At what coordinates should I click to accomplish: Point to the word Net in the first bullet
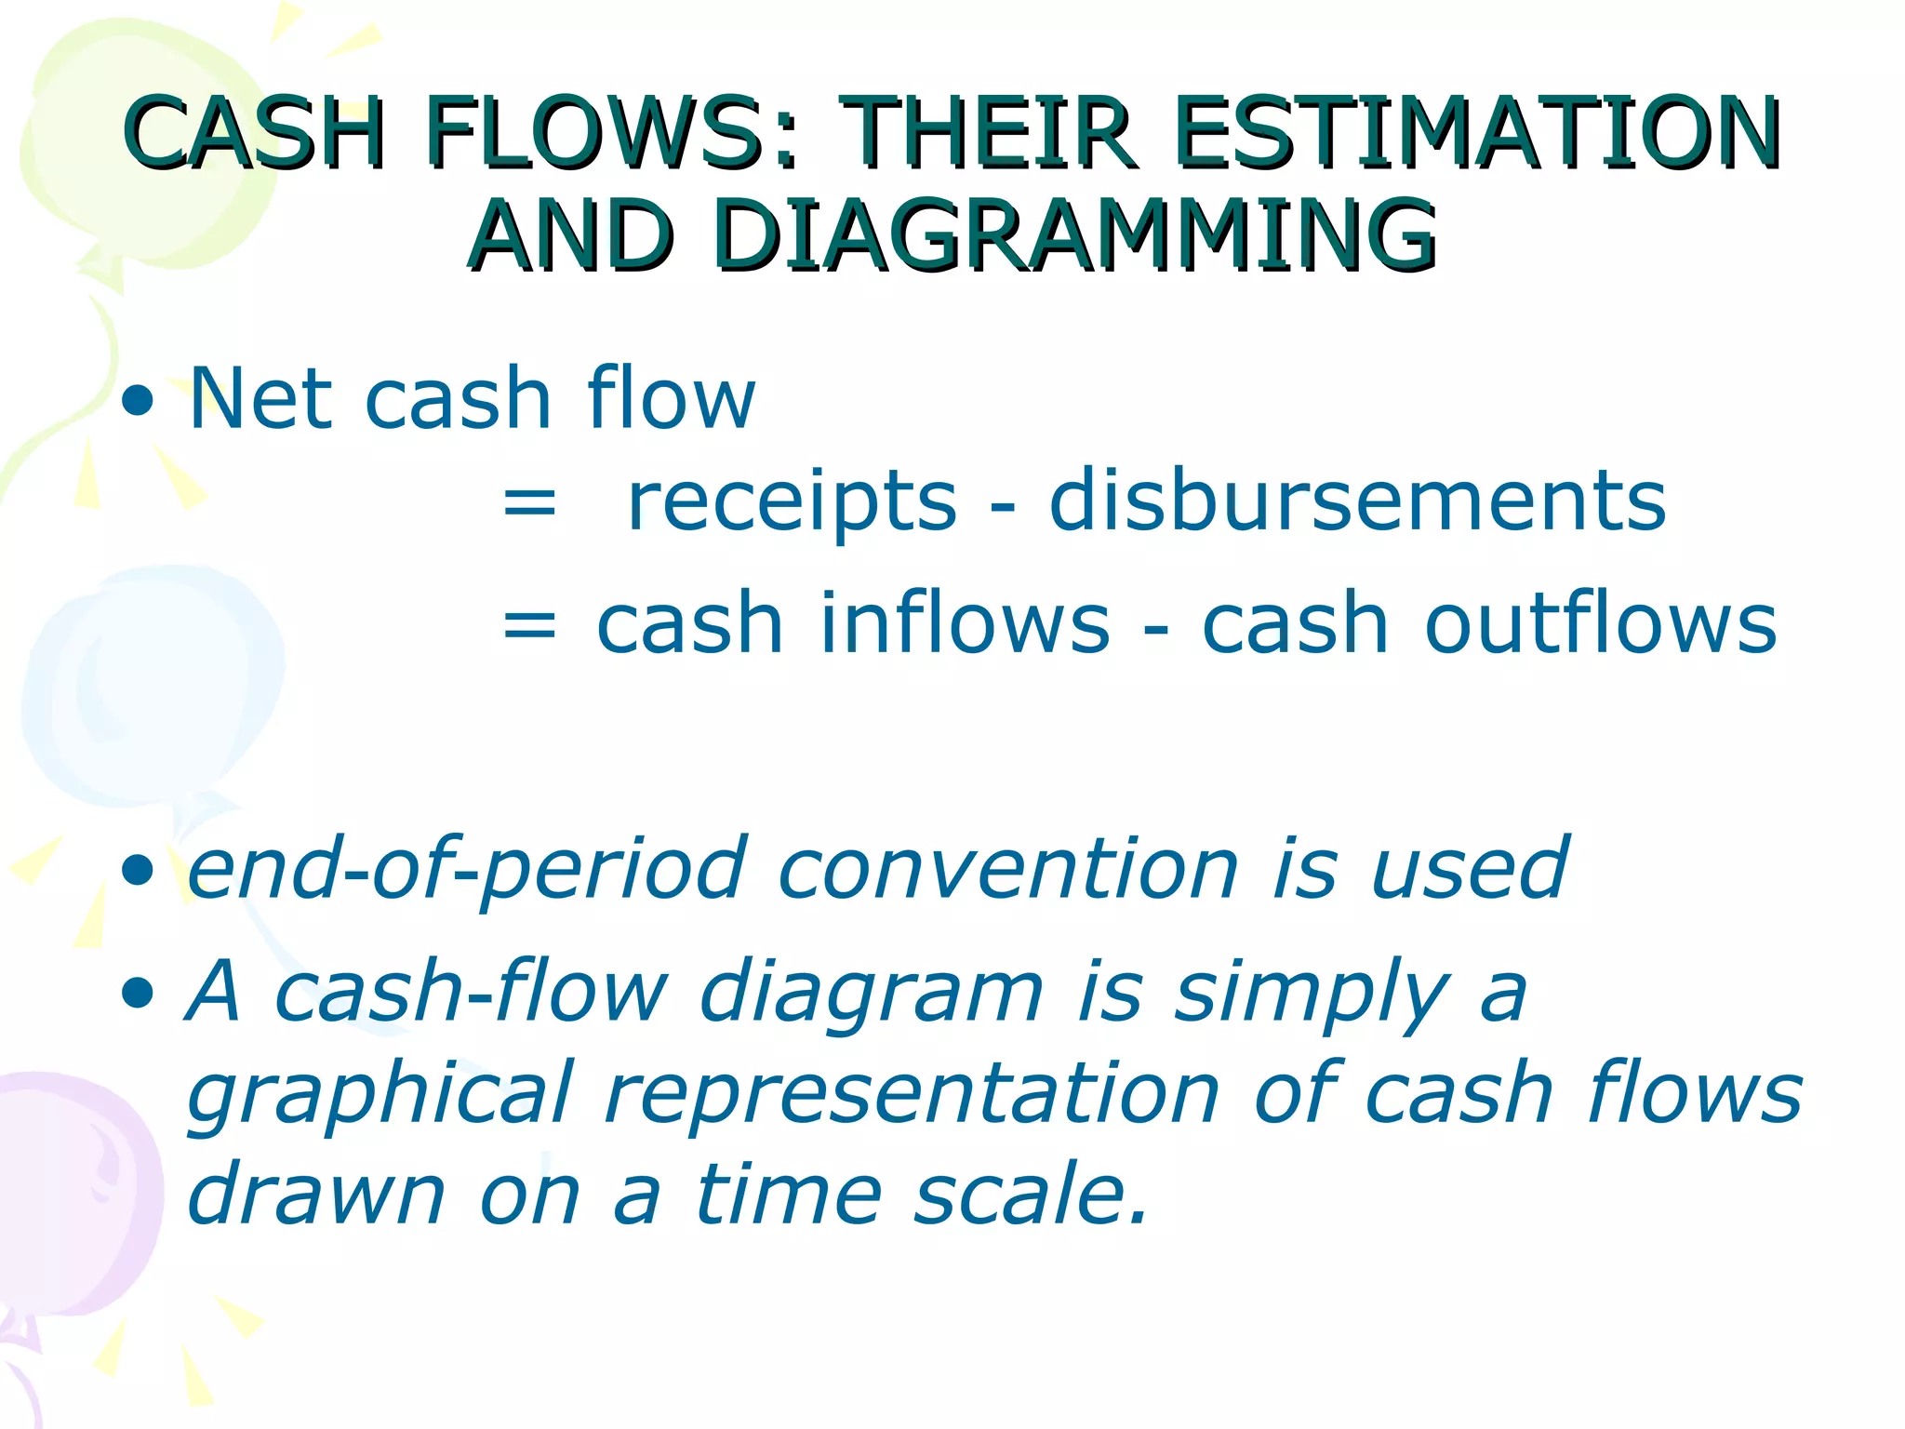tap(260, 399)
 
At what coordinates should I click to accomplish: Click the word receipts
tap(792, 502)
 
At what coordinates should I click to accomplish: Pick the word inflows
tap(965, 623)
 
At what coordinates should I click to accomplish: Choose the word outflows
tap(1600, 623)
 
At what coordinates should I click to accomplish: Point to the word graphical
tap(380, 1096)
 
